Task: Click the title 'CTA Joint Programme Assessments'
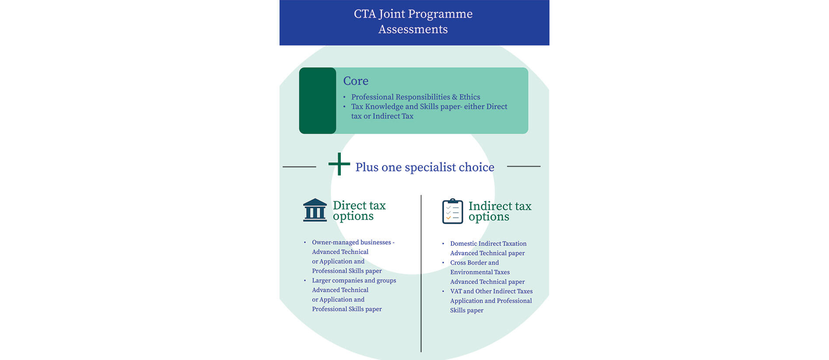tap(413, 21)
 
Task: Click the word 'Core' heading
tap(356, 81)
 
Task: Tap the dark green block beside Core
tap(318, 101)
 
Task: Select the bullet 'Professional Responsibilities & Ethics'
tap(415, 97)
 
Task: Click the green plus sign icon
tap(339, 164)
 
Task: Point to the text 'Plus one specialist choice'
tap(424, 167)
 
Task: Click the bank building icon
tap(315, 210)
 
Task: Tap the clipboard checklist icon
tap(452, 212)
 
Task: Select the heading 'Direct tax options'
tap(359, 210)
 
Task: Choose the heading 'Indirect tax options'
tap(500, 211)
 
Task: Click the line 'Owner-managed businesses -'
tap(353, 242)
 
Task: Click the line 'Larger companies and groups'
tap(354, 280)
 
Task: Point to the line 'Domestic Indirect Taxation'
tap(488, 244)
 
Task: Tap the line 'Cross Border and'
tap(474, 262)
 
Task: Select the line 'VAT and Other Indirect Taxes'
tap(491, 291)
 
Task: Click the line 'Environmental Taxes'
tap(480, 272)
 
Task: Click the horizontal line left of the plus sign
tap(299, 167)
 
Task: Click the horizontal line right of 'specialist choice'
tap(524, 166)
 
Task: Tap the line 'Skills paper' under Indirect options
tap(467, 310)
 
